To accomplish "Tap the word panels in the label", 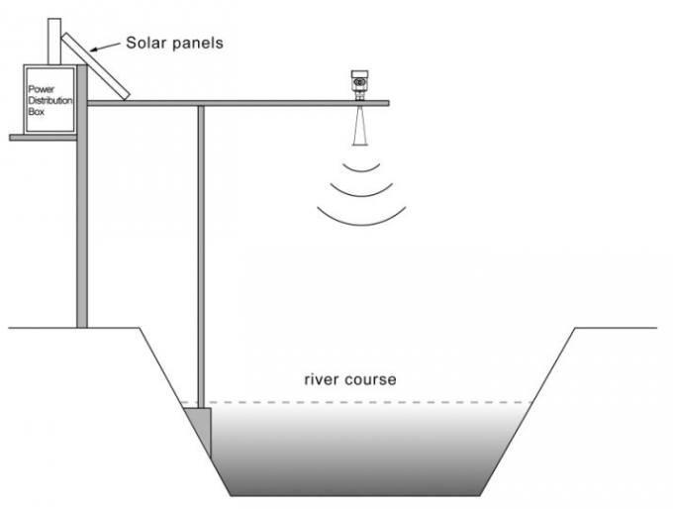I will [202, 43].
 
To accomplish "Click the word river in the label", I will [323, 379].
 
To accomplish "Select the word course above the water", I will [370, 379].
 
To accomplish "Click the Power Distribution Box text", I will [49, 100].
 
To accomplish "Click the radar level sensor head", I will [360, 83].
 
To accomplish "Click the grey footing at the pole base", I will [199, 425].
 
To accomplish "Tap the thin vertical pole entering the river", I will [201, 248].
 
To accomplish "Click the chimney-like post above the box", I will [53, 40].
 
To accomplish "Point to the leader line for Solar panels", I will [105, 47].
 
